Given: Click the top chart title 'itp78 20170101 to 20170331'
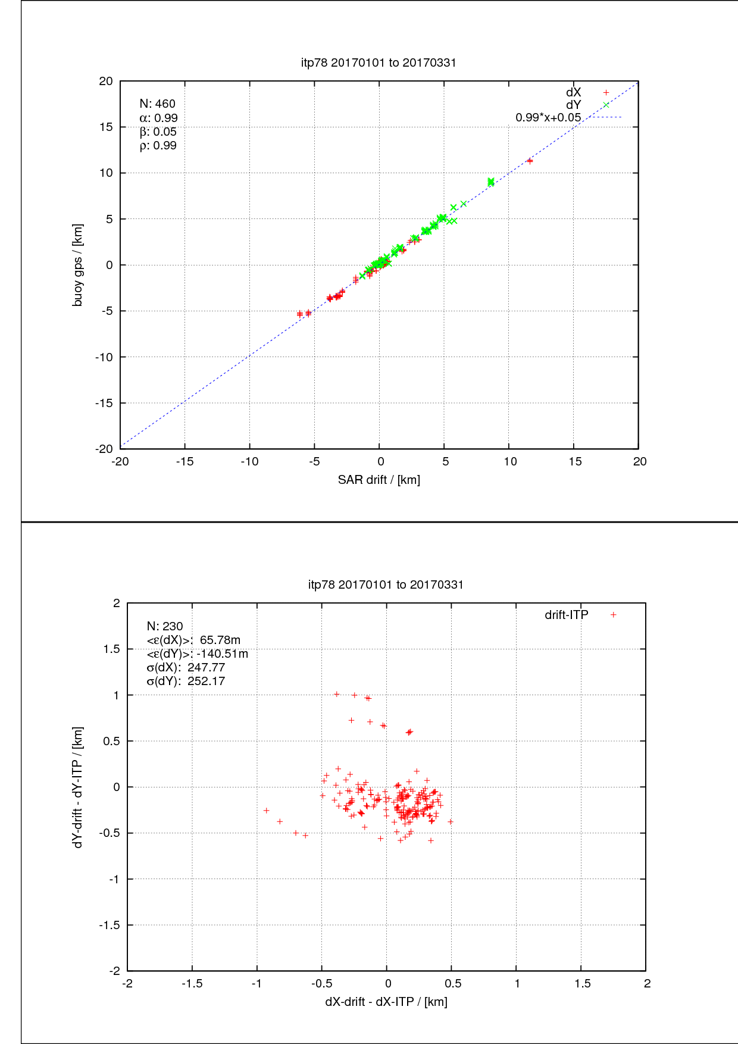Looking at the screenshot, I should (x=379, y=62).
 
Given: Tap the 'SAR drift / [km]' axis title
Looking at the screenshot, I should (x=379, y=480).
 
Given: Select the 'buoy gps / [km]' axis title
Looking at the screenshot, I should (x=77, y=265).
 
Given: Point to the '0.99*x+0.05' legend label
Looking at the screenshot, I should (x=548, y=117).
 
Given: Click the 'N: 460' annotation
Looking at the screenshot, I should (x=158, y=104).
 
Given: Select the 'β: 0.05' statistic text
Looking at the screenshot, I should (x=158, y=132).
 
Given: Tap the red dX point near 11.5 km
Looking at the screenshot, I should (x=530, y=161).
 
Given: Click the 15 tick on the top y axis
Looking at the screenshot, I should (x=106, y=127).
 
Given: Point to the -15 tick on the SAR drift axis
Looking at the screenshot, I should (x=185, y=461).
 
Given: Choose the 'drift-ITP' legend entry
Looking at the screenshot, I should (x=580, y=615).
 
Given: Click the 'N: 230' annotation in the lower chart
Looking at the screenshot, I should (x=165, y=626).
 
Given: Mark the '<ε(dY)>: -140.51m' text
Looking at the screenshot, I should (x=197, y=654).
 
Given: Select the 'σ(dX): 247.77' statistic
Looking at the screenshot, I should (x=186, y=667).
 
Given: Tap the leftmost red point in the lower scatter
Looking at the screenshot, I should (x=267, y=811).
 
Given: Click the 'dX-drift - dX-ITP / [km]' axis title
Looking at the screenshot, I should (x=386, y=1002).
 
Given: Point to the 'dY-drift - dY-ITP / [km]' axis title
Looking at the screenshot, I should (x=78, y=787).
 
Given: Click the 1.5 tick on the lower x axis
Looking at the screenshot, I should (x=583, y=983).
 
